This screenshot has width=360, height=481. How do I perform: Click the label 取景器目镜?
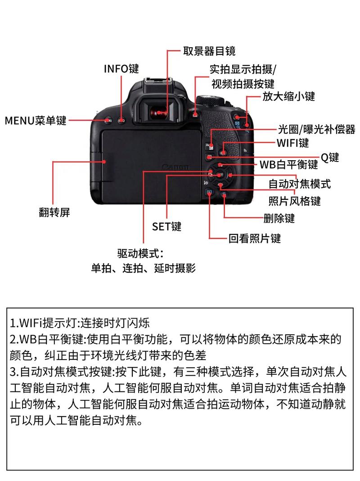pyautogui.click(x=209, y=51)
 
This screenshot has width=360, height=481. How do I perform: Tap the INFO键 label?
pyautogui.click(x=121, y=69)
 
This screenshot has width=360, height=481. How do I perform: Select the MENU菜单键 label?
pyautogui.click(x=35, y=121)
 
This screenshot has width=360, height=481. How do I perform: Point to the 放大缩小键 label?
pyautogui.click(x=288, y=96)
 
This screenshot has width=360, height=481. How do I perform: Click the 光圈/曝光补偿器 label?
pyautogui.click(x=316, y=130)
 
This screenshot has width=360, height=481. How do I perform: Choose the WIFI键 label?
pyautogui.click(x=292, y=143)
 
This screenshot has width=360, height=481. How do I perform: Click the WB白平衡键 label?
pyautogui.click(x=288, y=164)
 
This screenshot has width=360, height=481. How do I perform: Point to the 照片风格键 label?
pyautogui.click(x=295, y=201)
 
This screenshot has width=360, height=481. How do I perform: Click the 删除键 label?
pyautogui.click(x=279, y=218)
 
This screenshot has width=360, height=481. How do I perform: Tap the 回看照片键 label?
pyautogui.click(x=254, y=238)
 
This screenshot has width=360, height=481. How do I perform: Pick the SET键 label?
pyautogui.click(x=166, y=226)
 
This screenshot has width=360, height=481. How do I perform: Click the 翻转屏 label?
pyautogui.click(x=54, y=212)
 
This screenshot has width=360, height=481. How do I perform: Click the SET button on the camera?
pyautogui.click(x=220, y=175)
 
